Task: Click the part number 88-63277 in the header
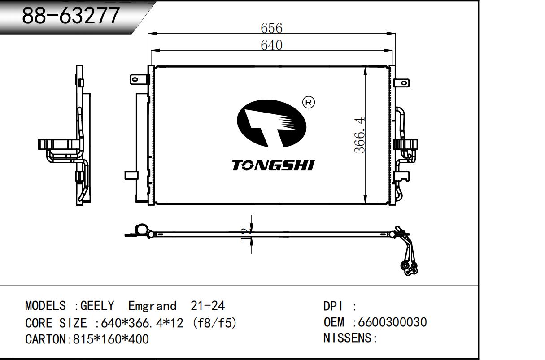click(x=71, y=16)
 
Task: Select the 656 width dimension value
click(x=271, y=28)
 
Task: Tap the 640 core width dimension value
click(x=271, y=45)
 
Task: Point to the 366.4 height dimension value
click(x=360, y=135)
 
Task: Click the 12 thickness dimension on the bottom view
click(x=246, y=234)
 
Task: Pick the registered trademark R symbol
click(x=308, y=102)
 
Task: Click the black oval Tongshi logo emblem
click(x=271, y=123)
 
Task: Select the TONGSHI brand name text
click(x=273, y=165)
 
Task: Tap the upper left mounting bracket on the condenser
click(x=140, y=79)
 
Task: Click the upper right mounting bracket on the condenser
click(x=401, y=83)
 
